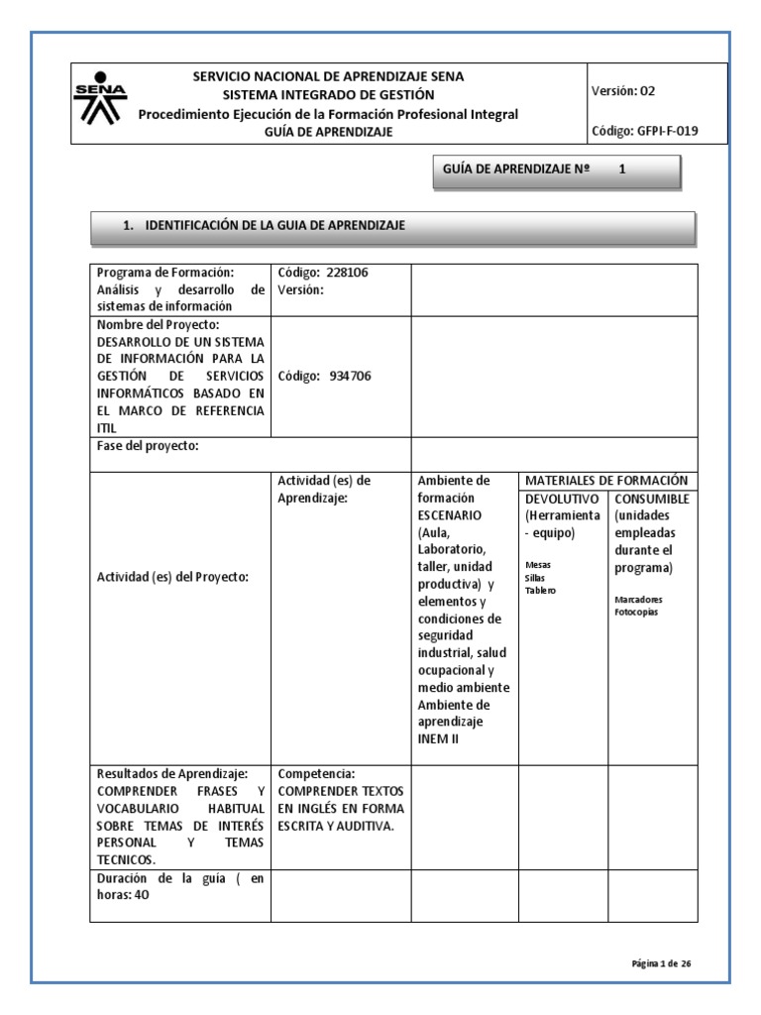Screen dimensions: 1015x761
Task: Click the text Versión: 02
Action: [x=623, y=91]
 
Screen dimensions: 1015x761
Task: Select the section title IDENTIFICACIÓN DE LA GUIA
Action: [x=275, y=226]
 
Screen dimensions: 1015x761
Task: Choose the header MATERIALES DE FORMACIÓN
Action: [x=605, y=480]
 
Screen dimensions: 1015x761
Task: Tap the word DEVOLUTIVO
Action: [x=561, y=498]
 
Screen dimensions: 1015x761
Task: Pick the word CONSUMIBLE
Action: [x=651, y=498]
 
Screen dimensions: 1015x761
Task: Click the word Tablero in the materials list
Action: [x=541, y=591]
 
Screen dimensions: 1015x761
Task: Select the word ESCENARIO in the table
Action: [x=450, y=515]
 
